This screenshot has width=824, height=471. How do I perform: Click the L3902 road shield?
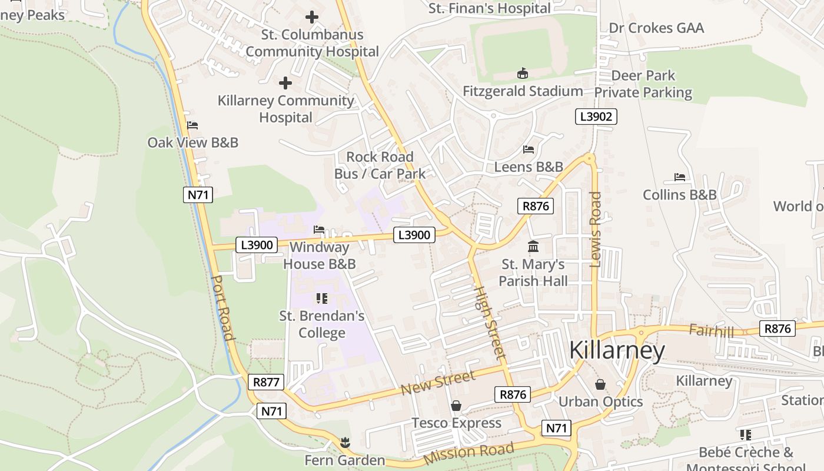596,117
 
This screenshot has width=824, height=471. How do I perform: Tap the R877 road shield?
266,382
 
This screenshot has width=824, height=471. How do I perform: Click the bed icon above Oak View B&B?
192,125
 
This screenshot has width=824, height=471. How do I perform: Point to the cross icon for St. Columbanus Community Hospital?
312,17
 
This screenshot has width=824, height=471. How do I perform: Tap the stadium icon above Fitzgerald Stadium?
522,74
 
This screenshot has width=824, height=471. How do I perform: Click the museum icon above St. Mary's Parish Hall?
533,246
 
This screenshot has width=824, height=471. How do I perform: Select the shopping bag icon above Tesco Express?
456,406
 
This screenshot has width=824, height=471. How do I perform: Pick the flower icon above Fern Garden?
345,442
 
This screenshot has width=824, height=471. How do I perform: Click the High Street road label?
490,323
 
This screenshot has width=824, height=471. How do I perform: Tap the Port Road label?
222,307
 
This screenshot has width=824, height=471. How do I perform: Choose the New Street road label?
437,383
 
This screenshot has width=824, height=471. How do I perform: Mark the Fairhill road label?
711,331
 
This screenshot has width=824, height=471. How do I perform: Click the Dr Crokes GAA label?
656,28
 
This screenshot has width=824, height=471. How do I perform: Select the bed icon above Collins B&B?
680,177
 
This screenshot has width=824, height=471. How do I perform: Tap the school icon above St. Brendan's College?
321,298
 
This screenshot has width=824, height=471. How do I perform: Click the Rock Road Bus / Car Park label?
380,165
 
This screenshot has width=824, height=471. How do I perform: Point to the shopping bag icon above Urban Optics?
600,384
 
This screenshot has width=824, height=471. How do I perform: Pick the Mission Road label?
469,452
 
